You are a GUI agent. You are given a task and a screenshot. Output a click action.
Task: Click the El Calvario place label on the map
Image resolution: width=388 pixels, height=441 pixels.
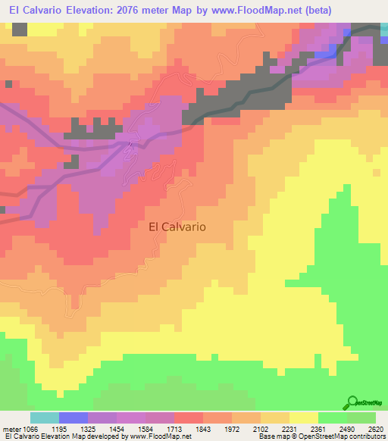pos(177,226)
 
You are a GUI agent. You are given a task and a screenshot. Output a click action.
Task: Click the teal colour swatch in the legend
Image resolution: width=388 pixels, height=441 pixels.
pos(45,418)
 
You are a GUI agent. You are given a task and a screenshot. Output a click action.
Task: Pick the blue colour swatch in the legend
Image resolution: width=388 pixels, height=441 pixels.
pos(74,418)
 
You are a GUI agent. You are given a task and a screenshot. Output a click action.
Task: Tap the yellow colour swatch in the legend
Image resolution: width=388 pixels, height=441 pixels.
pos(304,418)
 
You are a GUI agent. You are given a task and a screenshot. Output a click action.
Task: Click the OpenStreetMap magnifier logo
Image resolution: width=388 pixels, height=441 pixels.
pos(351,402)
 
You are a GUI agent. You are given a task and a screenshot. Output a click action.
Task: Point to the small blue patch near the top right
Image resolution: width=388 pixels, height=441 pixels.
pos(324,54)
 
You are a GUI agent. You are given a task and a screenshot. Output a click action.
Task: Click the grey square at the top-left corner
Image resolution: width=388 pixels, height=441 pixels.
pos(20,30)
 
